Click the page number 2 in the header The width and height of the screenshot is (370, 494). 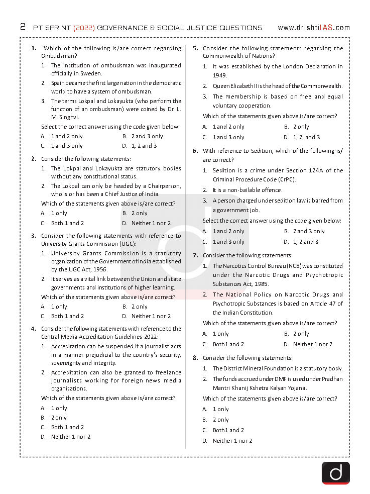point(23,27)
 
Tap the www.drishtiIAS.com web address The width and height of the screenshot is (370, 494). point(313,28)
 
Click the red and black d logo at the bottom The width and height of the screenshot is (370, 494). point(335,473)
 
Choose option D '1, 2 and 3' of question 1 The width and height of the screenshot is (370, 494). point(140,146)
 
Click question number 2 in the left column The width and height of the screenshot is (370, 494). point(34,159)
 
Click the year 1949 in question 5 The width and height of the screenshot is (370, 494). point(220,75)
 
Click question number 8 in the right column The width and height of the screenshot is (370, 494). point(195,358)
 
